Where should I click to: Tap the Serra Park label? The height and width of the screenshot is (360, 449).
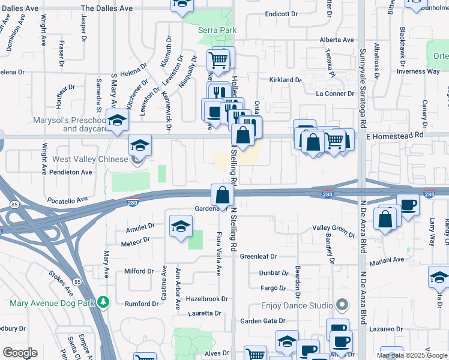[x=217, y=30]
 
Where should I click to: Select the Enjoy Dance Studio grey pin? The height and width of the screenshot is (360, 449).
[x=343, y=305]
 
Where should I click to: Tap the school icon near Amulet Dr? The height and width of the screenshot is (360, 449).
[x=180, y=227]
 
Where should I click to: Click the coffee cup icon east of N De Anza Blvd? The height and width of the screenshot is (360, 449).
[x=408, y=206]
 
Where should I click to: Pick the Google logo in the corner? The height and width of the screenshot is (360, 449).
[x=20, y=353]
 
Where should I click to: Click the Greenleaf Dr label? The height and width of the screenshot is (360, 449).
[x=258, y=256]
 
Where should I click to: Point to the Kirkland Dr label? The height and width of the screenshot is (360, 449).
[x=285, y=80]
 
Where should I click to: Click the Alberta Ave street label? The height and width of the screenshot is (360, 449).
[x=337, y=40]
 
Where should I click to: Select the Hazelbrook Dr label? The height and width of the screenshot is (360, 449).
[x=207, y=298]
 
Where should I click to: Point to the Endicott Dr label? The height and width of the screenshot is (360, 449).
[x=282, y=14]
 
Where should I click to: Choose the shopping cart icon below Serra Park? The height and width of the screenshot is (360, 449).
[x=218, y=60]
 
